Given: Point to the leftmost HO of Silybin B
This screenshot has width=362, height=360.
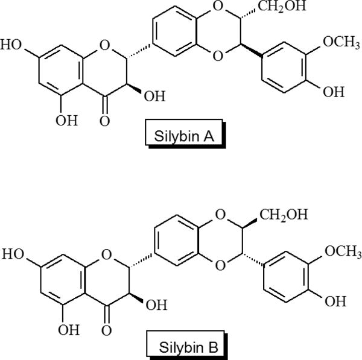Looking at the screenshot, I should pos(13,254).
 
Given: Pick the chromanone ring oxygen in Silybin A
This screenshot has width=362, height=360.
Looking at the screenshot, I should pos(105,44).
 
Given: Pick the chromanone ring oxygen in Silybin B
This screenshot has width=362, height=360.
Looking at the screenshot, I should pos(105,254).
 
